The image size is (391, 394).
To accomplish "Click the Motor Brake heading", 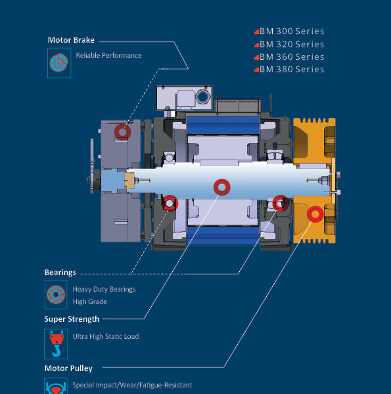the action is click(x=71, y=40).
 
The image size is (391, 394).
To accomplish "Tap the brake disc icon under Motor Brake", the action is click(x=59, y=63).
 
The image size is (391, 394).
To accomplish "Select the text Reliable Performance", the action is click(x=108, y=55).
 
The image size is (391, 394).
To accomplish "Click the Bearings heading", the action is click(x=60, y=273).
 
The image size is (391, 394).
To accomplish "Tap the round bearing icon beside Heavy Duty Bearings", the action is click(x=56, y=294).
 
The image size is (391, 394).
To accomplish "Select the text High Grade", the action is click(x=89, y=301).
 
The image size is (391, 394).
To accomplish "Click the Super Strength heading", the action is click(x=72, y=319).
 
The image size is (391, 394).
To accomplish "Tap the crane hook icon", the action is click(x=56, y=343).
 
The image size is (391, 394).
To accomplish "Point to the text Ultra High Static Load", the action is click(x=106, y=336).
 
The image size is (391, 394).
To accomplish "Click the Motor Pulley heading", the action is click(x=68, y=368).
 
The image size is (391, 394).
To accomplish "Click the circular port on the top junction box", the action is click(x=202, y=97).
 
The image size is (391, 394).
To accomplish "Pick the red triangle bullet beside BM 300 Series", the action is click(x=256, y=32).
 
